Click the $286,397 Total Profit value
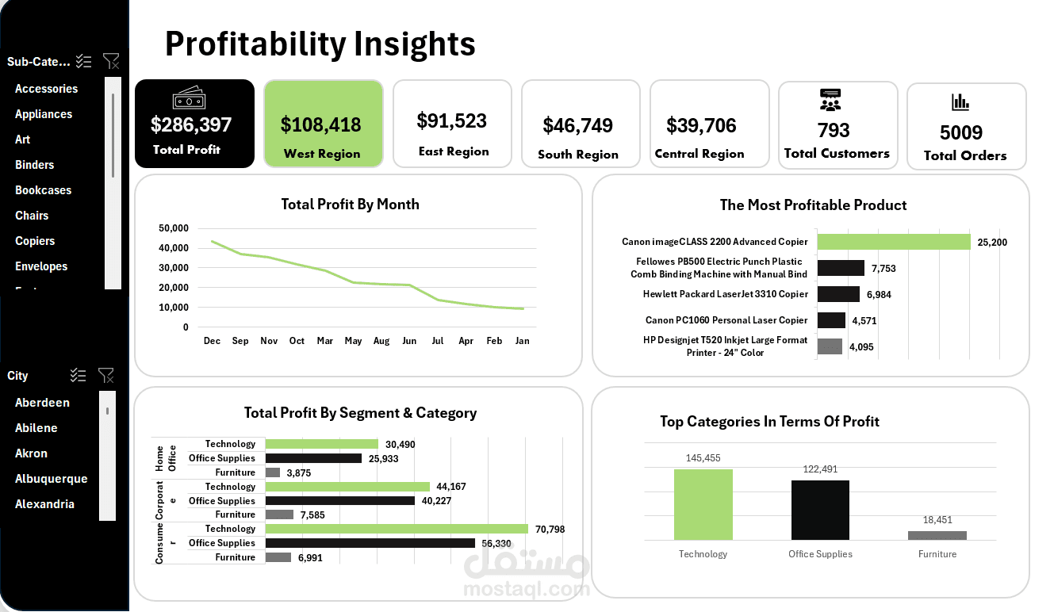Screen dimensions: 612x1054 coord(191,124)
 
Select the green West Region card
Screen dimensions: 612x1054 coord(323,124)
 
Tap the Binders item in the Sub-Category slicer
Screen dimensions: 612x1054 coord(35,165)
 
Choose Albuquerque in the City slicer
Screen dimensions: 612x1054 coord(52,479)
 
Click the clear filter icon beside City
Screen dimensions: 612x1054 coord(105,375)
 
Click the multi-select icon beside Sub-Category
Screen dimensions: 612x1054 coord(84,61)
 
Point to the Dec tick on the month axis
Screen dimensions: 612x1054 coord(212,341)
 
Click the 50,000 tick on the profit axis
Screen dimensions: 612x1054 coord(174,228)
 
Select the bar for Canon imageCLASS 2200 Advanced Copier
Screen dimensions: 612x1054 coord(894,242)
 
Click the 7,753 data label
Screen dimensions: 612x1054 coord(883,269)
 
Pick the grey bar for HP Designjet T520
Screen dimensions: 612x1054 coord(830,346)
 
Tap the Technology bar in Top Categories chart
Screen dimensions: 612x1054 coord(703,505)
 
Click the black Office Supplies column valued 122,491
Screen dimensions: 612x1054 coord(820,511)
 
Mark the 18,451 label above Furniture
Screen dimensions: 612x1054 coord(937,520)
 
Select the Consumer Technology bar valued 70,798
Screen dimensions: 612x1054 coord(397,529)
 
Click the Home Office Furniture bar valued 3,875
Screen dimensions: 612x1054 coord(273,472)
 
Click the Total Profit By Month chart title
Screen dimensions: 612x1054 coord(350,205)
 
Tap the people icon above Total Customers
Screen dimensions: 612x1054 coord(830,100)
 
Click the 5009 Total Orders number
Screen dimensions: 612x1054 coord(961,132)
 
